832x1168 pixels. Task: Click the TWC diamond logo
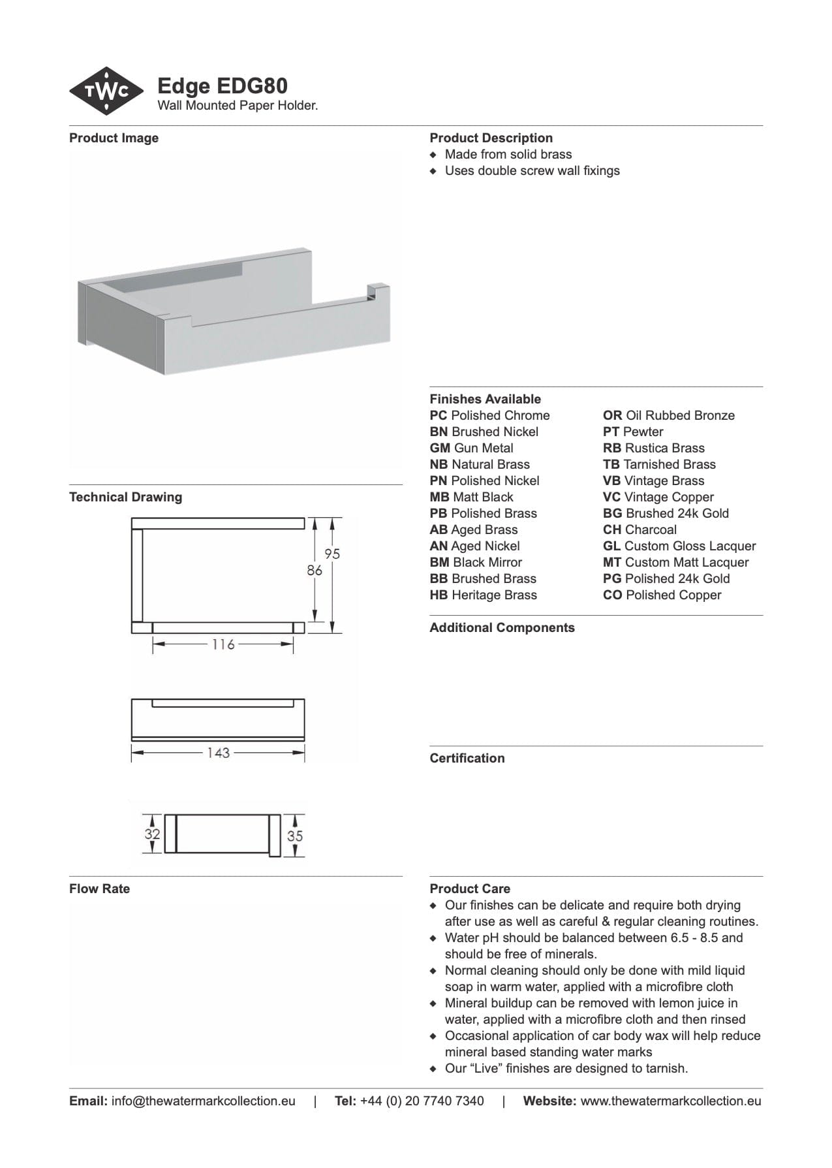tap(106, 91)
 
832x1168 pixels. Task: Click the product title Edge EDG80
tap(223, 86)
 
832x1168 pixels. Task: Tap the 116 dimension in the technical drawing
tap(223, 644)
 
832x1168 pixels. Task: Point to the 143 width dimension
tap(218, 753)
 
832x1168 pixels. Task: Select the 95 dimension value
tap(332, 554)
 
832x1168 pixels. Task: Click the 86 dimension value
tap(315, 570)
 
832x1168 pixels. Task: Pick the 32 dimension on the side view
tap(152, 834)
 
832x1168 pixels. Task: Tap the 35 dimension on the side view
tap(295, 835)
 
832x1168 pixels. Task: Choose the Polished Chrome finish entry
tap(489, 415)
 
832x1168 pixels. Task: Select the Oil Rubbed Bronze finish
tap(668, 415)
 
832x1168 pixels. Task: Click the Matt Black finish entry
tap(471, 497)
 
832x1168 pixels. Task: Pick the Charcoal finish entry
tap(639, 529)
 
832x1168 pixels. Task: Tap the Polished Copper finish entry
tap(662, 595)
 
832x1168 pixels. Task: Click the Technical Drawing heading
tap(125, 497)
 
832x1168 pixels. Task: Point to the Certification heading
tap(467, 758)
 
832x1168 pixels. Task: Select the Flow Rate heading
tap(99, 889)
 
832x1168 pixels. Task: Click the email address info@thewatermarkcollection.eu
tap(203, 1101)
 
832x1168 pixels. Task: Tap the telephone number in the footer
tap(422, 1101)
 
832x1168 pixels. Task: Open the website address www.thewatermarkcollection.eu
tap(670, 1101)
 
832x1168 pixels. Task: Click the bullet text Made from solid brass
tap(508, 154)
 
